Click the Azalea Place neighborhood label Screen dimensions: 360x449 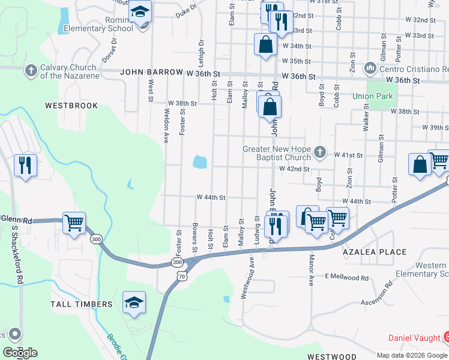375,253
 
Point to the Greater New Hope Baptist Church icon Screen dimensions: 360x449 321,152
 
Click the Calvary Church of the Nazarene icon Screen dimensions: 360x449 31,71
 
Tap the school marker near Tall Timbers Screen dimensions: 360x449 134,302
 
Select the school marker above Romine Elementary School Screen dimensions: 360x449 140,11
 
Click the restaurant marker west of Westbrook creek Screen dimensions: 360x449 25,165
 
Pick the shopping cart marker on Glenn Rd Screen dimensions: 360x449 74,223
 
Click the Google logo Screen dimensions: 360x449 20,353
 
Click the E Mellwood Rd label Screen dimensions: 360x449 347,277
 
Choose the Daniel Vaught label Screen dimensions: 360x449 414,338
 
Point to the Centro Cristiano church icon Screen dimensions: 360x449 371,69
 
